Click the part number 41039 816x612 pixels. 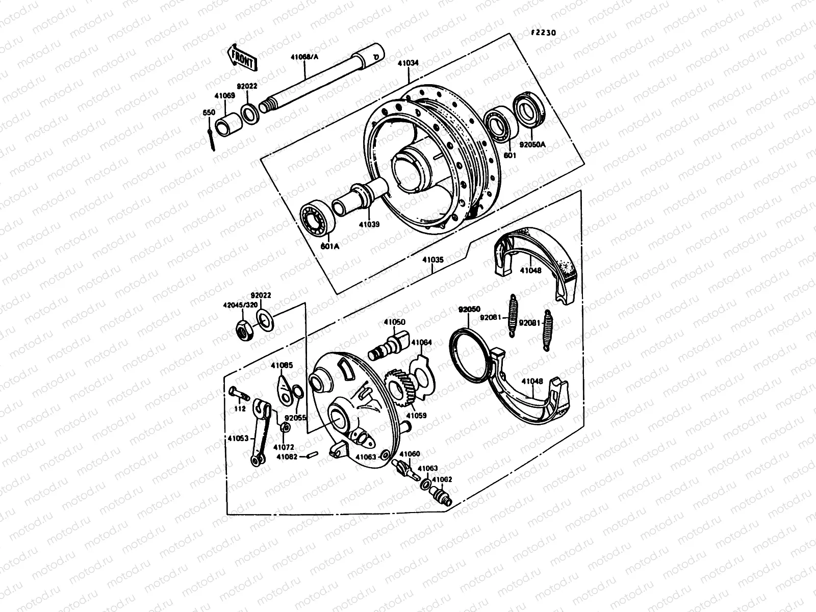369,223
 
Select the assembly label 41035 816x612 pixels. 433,259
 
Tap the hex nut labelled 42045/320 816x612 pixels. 243,330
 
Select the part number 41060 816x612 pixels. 409,454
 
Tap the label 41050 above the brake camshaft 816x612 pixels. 394,322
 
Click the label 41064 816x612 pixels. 421,342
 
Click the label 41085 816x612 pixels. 282,365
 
